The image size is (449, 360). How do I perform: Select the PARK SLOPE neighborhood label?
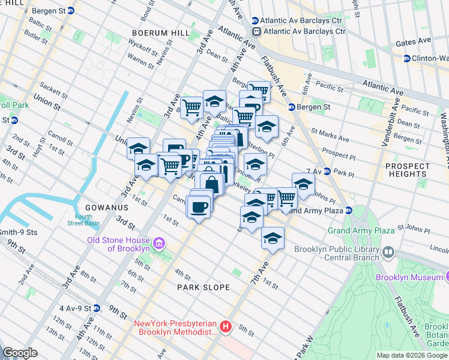click(203, 287)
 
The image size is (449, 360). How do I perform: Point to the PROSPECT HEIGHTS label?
click(408, 170)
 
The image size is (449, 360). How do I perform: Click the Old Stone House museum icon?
click(158, 244)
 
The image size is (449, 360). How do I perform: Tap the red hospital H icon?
click(225, 327)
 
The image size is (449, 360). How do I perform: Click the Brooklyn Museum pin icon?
click(448, 277)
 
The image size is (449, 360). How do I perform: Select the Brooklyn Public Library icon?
click(388, 252)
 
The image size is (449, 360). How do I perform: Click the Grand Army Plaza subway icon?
click(348, 210)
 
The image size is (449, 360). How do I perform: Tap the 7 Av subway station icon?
click(327, 172)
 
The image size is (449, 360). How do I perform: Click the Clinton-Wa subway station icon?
click(406, 59)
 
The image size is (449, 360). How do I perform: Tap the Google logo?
click(20, 353)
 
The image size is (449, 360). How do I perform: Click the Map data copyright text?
click(412, 355)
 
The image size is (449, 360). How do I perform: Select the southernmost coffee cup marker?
click(199, 208)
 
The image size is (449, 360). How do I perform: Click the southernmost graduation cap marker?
click(273, 238)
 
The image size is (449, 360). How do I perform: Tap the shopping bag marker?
click(211, 184)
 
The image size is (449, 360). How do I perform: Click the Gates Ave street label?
click(414, 41)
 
